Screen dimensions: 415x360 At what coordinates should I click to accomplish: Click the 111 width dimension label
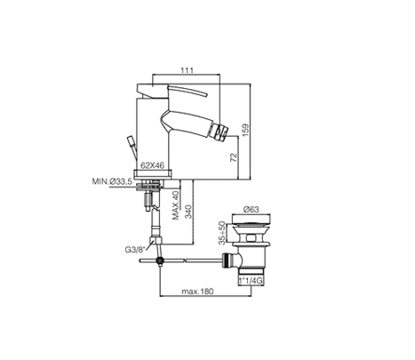tap(188, 70)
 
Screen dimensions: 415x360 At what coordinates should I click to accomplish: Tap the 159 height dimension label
tap(246, 130)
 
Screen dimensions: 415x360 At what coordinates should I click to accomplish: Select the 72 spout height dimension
tap(234, 157)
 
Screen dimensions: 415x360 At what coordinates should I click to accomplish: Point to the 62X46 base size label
tap(152, 165)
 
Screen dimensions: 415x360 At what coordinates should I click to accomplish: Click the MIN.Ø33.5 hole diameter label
tap(112, 181)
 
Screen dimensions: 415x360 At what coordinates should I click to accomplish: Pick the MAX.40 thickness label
tap(176, 205)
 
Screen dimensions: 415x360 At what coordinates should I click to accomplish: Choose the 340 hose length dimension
tap(188, 212)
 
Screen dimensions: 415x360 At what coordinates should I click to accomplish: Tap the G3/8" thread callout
tap(134, 250)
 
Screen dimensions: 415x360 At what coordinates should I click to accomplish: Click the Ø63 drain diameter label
tap(251, 210)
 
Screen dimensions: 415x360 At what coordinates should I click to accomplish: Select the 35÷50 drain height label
tap(221, 233)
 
